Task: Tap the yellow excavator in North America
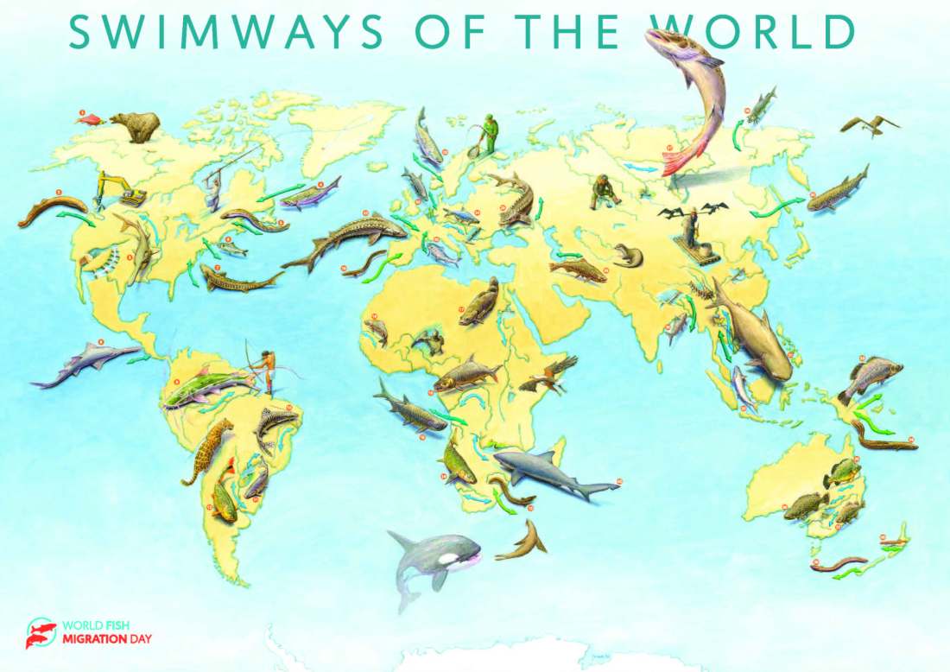click(119, 188)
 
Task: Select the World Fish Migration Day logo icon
click(41, 632)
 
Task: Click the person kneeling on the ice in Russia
click(604, 192)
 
